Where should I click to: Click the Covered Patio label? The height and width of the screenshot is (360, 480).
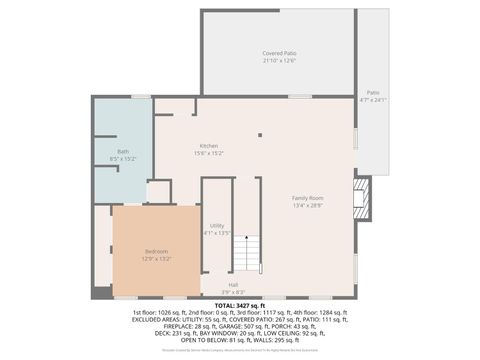pos(279,53)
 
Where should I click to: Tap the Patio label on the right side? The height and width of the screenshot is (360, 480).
pos(372,92)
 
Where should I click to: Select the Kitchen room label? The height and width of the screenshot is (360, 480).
pos(208,146)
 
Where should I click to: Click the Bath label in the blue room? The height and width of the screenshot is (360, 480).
pos(123,151)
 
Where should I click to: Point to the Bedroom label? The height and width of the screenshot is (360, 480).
pos(156,251)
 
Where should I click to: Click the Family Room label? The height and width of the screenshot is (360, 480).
pos(308,198)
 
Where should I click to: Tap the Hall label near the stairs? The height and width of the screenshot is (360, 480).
pos(233,284)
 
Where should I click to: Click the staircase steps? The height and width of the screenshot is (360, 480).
pos(247,256)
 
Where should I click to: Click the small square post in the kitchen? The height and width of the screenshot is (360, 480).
pos(259,133)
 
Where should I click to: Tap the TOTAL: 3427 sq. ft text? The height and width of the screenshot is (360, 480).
pos(239,306)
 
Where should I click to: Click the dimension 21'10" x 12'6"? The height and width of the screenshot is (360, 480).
pos(279,60)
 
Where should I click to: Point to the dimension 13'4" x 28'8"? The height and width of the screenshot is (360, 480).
pos(308,205)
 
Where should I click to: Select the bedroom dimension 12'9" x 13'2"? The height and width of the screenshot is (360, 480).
pos(156,258)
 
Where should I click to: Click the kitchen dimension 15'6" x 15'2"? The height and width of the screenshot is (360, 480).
pos(208,153)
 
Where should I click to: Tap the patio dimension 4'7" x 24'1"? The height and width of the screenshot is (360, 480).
pos(372,99)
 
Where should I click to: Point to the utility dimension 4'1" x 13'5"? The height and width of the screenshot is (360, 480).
pos(217,233)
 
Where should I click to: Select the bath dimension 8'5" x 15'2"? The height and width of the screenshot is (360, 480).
pos(123,158)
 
